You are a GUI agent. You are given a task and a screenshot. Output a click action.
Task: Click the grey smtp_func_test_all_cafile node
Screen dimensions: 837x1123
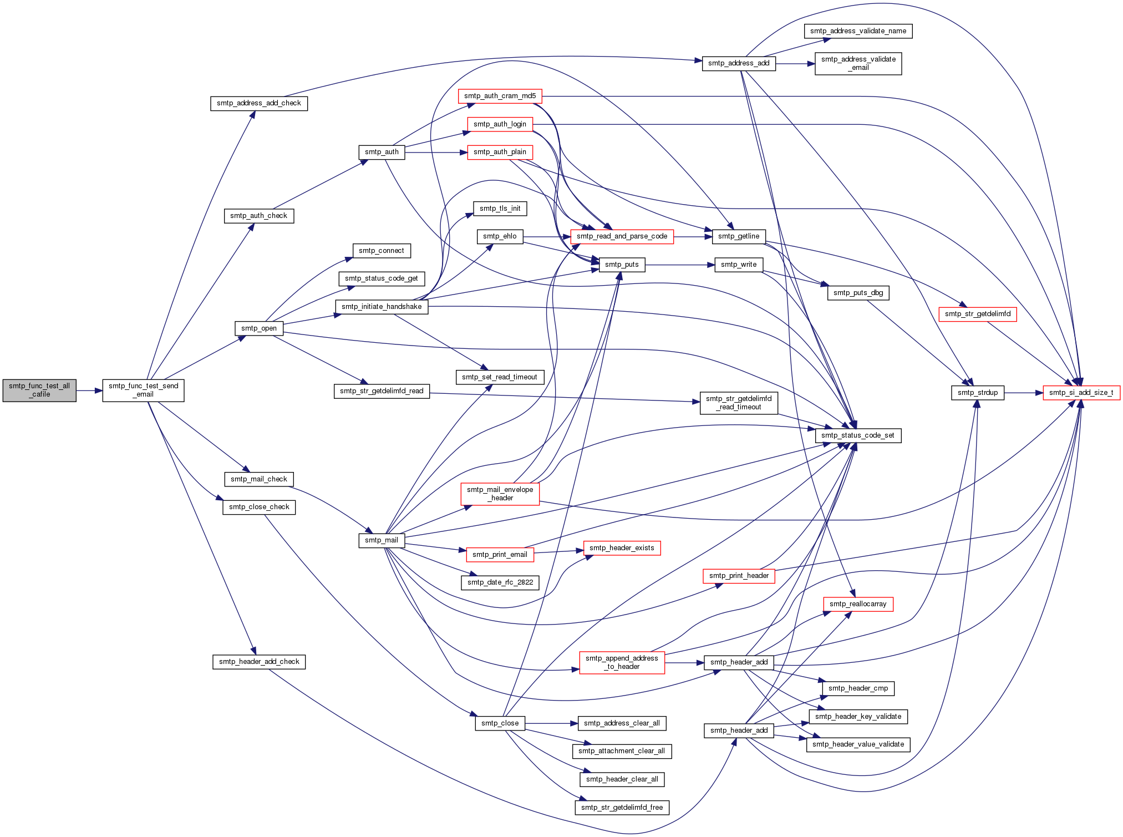[x=39, y=390]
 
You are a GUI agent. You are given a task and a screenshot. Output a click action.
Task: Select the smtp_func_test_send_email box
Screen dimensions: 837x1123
[x=143, y=390]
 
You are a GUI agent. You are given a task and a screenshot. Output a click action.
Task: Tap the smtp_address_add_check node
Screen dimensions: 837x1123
[x=258, y=103]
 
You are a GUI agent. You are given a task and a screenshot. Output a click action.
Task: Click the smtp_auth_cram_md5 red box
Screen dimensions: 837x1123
[x=500, y=96]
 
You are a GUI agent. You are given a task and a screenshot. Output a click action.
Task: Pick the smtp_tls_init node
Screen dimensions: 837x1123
[x=500, y=209]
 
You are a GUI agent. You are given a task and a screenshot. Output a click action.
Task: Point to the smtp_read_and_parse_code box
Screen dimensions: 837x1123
[x=622, y=236]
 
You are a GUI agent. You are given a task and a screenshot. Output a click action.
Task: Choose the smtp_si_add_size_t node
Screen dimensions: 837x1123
[x=1081, y=393]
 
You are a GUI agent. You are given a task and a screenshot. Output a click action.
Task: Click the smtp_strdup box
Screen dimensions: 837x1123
[x=977, y=393]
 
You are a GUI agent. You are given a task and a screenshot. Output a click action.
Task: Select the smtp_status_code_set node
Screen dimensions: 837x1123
[x=857, y=435]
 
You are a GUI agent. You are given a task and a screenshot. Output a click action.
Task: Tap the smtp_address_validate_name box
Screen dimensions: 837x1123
[x=858, y=31]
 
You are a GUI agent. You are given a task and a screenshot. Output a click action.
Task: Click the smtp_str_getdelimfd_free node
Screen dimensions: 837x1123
[x=622, y=808]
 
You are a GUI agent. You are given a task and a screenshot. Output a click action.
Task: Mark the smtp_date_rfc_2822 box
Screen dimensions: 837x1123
[x=500, y=582]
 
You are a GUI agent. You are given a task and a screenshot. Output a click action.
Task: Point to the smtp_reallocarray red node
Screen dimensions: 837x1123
[x=857, y=604]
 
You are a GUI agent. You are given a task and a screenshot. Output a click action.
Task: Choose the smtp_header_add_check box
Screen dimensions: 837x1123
[x=258, y=662]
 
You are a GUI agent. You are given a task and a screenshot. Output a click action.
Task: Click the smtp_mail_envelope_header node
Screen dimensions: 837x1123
[x=500, y=494]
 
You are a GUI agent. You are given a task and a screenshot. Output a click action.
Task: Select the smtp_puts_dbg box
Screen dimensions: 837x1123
[x=858, y=293]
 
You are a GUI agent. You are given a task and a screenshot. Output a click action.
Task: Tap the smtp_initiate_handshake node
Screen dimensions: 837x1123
[x=381, y=307]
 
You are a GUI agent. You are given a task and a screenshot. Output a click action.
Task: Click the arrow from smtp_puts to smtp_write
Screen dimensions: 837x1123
[x=680, y=265]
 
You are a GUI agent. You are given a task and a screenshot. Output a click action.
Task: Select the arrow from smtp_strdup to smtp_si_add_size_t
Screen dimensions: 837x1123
[x=1023, y=393]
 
